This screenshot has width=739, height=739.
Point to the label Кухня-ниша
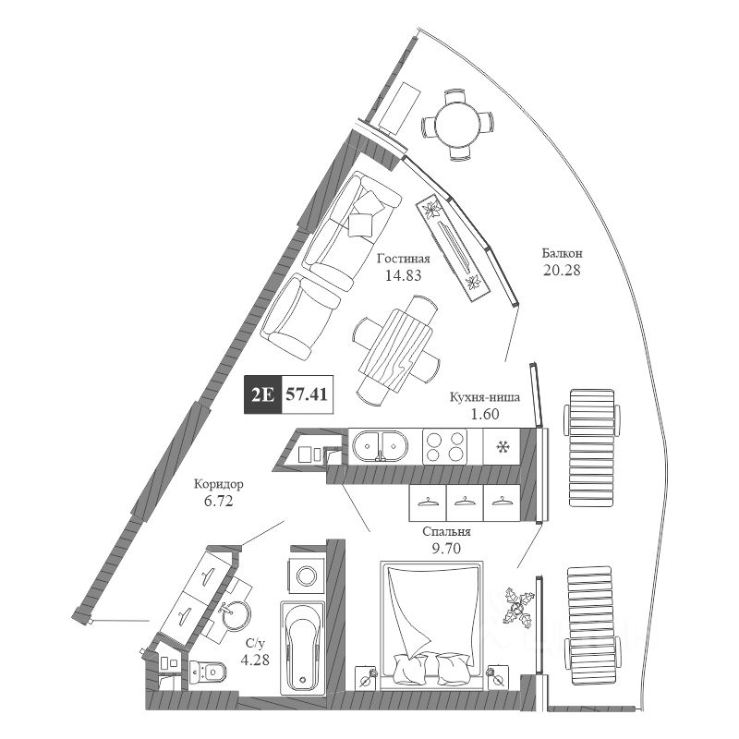click(x=484, y=397)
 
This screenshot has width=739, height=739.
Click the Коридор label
click(x=220, y=483)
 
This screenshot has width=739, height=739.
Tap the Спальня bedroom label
click(x=446, y=532)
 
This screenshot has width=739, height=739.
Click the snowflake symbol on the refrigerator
click(x=503, y=448)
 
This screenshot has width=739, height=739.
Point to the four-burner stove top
click(x=445, y=447)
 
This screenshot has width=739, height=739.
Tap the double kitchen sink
click(x=380, y=446)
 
